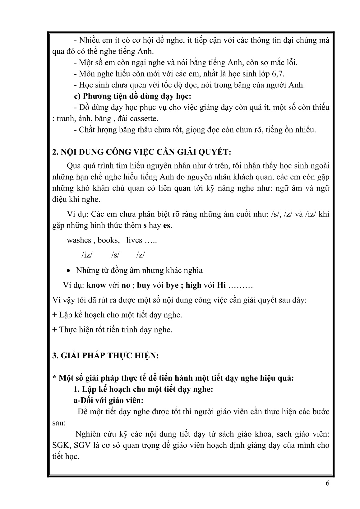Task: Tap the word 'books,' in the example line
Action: (108, 240)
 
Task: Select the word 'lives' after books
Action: (134, 240)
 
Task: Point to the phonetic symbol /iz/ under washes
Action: (87, 255)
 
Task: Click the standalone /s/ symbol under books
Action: (115, 255)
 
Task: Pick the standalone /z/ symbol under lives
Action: (141, 255)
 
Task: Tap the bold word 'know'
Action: (96, 285)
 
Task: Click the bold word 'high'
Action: (193, 285)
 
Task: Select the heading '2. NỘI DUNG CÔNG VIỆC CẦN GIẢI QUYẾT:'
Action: (142, 152)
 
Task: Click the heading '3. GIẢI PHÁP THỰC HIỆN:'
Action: (105, 356)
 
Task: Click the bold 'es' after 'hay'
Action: (167, 225)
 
